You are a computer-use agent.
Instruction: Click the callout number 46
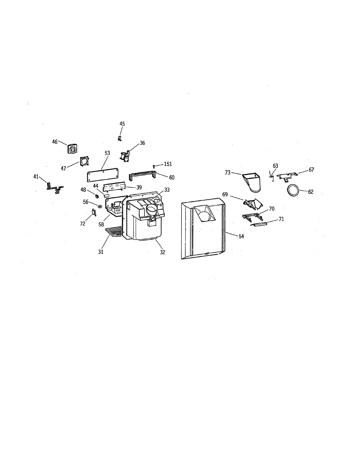(55, 142)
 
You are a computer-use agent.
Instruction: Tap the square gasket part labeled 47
(85, 161)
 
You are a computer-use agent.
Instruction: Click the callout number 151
(168, 164)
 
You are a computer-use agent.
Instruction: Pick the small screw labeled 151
(155, 167)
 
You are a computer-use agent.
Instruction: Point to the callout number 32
(162, 252)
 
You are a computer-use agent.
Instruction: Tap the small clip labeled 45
(120, 137)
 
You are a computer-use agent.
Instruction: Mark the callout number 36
(142, 143)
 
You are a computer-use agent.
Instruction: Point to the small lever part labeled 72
(94, 213)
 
